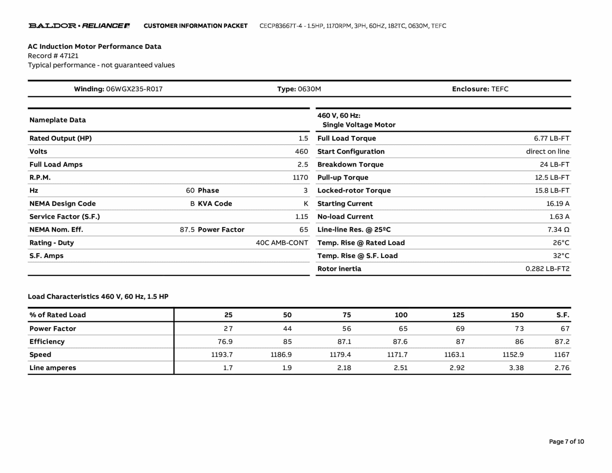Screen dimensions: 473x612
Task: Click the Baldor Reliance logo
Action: (79, 26)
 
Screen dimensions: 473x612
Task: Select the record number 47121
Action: (69, 56)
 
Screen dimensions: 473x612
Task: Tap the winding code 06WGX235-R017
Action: (134, 89)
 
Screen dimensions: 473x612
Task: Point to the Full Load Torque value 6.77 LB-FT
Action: (551, 138)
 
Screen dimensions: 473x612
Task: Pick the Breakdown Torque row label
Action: (350, 164)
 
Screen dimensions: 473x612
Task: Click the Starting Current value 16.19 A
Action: (558, 204)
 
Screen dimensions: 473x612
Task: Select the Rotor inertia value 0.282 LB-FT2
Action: (547, 269)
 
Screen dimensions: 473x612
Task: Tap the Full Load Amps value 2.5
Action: (302, 164)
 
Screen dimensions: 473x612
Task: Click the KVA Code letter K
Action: (306, 204)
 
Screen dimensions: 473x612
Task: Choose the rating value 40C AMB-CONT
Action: (281, 243)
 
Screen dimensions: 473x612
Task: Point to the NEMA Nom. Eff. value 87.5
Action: (187, 230)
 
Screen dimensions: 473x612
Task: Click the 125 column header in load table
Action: (458, 315)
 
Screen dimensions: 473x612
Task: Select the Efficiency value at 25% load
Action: (225, 341)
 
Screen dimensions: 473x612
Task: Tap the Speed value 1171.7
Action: (397, 355)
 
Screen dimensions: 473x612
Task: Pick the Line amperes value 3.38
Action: (516, 368)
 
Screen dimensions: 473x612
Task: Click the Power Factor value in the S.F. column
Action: (565, 329)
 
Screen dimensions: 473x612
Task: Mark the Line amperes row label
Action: (53, 368)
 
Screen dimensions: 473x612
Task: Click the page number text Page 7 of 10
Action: (566, 442)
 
